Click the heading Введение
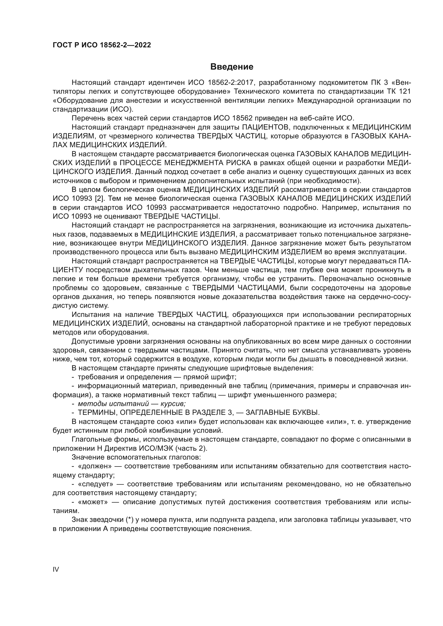(232, 67)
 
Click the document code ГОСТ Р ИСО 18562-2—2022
(102, 45)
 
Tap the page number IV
(56, 570)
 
